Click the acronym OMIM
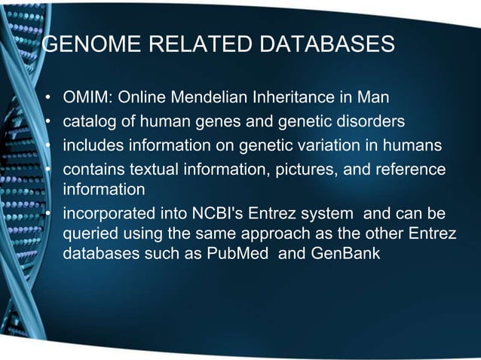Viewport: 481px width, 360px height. click(84, 99)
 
